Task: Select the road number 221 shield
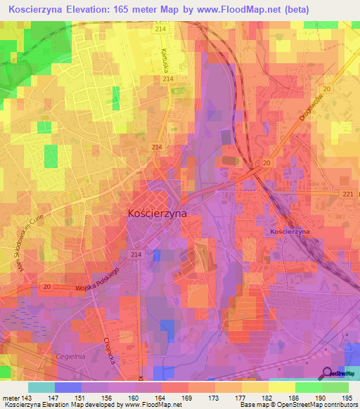(347, 194)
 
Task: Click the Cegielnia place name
(70, 356)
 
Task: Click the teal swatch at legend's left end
(41, 387)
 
